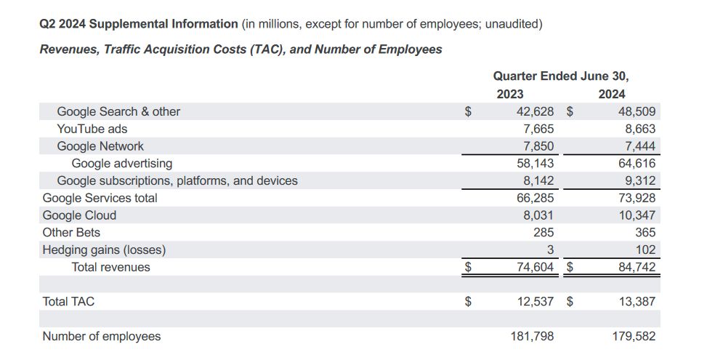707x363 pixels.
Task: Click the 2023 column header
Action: coord(509,94)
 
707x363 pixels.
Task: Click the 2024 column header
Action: coord(611,94)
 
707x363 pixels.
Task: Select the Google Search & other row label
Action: coord(118,111)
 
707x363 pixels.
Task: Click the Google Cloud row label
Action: coord(79,215)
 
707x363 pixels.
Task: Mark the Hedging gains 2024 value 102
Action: coord(645,250)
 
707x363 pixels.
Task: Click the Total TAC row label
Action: coord(68,301)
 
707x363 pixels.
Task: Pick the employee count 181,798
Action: coord(531,336)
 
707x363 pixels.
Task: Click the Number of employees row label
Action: coord(102,336)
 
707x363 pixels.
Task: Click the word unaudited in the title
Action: coord(513,24)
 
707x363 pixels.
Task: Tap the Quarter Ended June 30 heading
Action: coord(560,76)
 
